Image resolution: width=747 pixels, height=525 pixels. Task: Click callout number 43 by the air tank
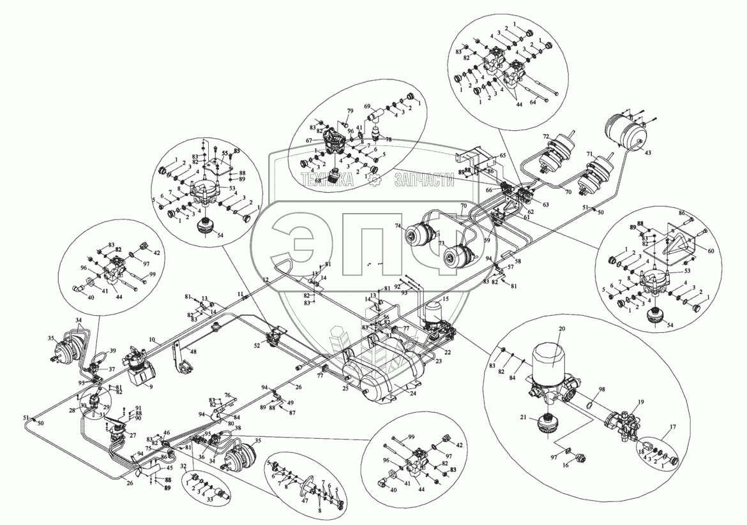(647, 154)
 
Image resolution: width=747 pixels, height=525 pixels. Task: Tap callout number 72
(546, 137)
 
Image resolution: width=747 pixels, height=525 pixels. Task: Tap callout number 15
(445, 299)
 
